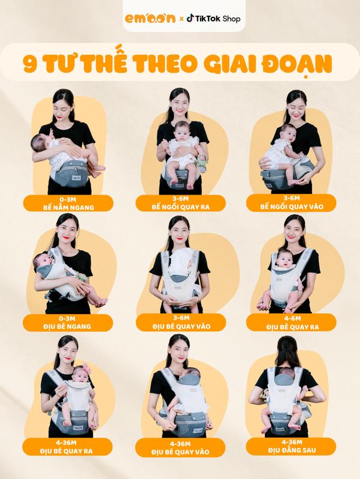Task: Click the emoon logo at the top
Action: click(x=150, y=19)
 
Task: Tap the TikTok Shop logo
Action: click(x=213, y=19)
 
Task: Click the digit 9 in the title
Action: click(x=30, y=64)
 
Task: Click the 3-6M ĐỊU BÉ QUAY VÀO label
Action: click(x=181, y=322)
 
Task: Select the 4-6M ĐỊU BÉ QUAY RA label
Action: click(x=292, y=323)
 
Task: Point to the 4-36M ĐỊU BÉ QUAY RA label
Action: click(x=67, y=447)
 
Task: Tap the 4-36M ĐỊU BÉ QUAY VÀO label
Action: click(x=180, y=448)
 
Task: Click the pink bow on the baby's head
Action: click(x=86, y=368)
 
